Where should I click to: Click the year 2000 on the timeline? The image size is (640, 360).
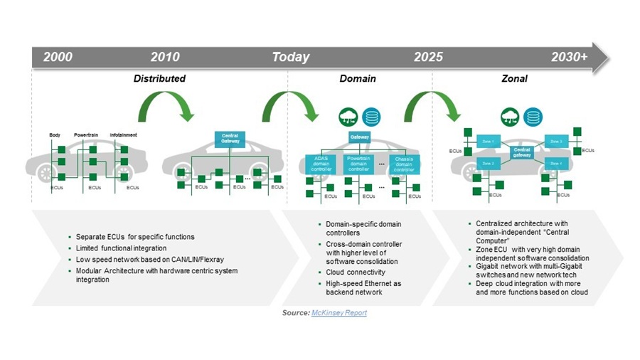[58, 57]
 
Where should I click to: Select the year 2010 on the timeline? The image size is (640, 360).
[165, 57]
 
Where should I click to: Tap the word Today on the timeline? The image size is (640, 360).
[291, 57]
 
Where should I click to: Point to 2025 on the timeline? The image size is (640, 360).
[428, 57]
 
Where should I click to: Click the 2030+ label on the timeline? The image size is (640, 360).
[570, 57]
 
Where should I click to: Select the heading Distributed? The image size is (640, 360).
[159, 78]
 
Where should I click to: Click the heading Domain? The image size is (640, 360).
[358, 78]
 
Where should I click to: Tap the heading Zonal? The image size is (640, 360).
[514, 78]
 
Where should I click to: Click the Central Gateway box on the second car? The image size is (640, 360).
[229, 139]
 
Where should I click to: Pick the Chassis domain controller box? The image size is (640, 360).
[403, 164]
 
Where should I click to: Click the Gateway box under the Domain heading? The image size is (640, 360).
[359, 137]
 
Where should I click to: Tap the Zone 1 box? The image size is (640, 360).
[488, 141]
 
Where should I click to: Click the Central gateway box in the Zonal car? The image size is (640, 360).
[522, 152]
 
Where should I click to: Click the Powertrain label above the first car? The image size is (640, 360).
[85, 134]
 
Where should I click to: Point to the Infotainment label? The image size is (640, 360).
[124, 134]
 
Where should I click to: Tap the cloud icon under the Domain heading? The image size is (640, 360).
[348, 117]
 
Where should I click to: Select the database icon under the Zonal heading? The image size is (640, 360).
[531, 117]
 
